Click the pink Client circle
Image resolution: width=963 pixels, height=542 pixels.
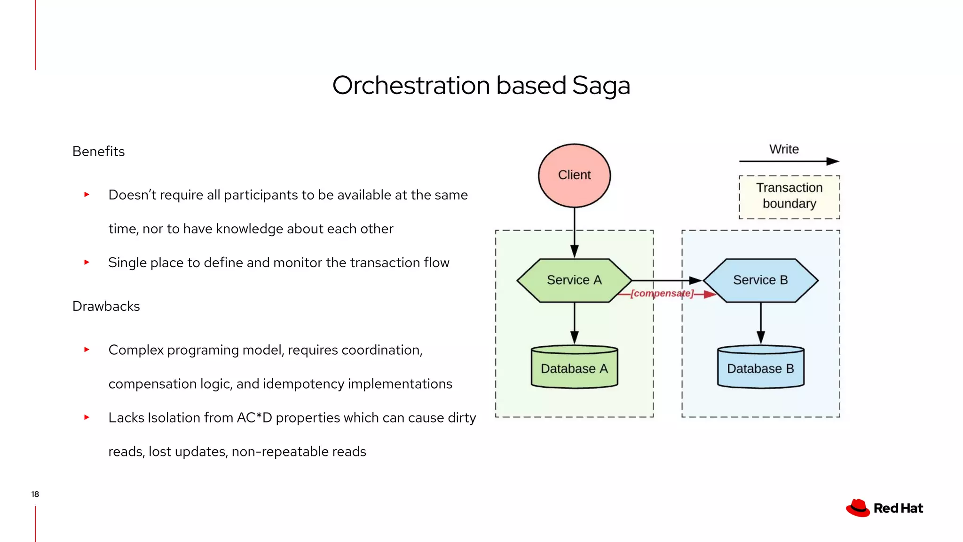point(574,175)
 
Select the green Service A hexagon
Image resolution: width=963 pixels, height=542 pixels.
point(574,280)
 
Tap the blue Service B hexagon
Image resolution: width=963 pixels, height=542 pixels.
point(760,280)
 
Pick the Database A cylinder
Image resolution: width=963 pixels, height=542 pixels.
point(574,367)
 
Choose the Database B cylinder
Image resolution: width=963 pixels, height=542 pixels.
point(760,367)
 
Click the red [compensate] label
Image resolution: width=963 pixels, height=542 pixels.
point(662,294)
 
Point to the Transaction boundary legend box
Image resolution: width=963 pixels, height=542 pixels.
point(789,197)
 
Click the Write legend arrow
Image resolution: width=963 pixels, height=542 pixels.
point(789,161)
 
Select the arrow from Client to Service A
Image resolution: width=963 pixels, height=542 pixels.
point(574,232)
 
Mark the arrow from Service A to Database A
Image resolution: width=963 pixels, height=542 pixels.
point(574,323)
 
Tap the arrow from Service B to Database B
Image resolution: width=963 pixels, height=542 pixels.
point(760,323)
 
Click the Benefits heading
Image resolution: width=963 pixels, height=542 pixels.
point(98,151)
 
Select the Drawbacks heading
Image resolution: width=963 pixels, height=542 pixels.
point(106,306)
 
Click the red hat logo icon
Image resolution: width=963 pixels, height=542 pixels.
point(858,508)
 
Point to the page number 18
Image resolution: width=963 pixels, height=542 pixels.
point(35,494)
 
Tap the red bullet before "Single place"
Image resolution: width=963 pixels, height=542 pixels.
point(87,262)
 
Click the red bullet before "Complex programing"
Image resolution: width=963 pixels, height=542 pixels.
point(87,350)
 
